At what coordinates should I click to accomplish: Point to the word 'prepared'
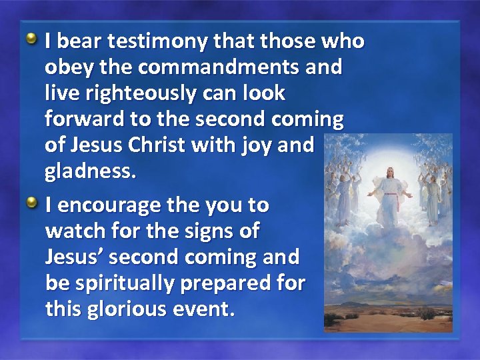(x=234, y=284)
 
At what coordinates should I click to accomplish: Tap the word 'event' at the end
(x=206, y=309)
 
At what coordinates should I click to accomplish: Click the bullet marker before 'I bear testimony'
(x=32, y=39)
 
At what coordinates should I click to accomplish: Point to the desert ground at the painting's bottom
(x=387, y=319)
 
